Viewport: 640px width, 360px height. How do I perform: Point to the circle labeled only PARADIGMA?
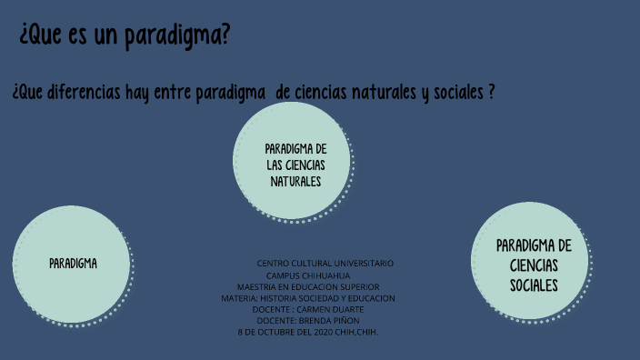click(x=73, y=264)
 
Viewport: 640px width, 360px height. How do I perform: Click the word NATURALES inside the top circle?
click(x=295, y=181)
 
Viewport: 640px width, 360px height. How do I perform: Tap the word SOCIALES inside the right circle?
click(x=534, y=285)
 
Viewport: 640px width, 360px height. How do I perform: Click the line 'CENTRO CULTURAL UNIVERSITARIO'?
click(x=325, y=263)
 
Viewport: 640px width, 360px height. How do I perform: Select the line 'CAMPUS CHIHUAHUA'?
click(x=307, y=275)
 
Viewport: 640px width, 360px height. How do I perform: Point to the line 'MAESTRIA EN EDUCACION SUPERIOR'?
click(x=307, y=286)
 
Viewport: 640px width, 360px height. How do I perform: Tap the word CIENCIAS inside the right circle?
click(x=534, y=265)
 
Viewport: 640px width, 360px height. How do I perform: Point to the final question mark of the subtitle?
click(x=492, y=93)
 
